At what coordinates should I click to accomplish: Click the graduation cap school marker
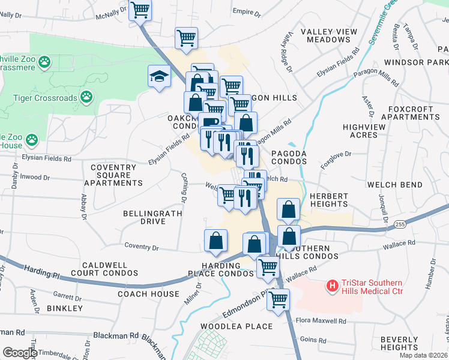[159, 76]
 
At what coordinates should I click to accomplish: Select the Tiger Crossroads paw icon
[87, 96]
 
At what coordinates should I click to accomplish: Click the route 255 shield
[399, 224]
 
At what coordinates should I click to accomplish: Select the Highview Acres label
[367, 131]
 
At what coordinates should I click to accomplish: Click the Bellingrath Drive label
[144, 217]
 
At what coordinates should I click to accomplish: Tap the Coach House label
[148, 294]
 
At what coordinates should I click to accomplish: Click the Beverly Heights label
[399, 343]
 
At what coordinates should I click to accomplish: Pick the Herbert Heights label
[329, 200]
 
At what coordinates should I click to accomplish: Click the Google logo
[20, 353]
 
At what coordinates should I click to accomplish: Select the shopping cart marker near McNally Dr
[140, 10]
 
